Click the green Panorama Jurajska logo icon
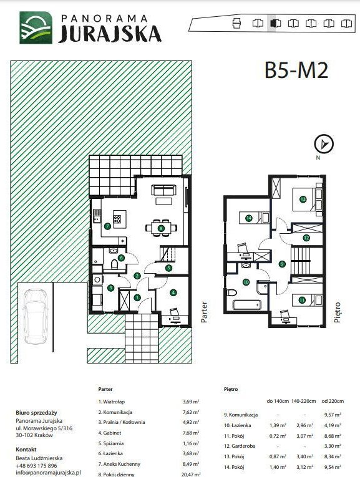click(x=36, y=27)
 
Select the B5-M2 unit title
click(x=296, y=70)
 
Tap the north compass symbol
click(x=324, y=143)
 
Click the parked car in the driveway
click(x=36, y=316)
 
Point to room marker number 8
click(x=161, y=228)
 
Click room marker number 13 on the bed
click(x=303, y=200)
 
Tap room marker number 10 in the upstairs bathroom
click(x=246, y=282)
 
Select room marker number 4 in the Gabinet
click(x=173, y=292)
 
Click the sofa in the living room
click(x=163, y=190)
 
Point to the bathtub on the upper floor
click(x=246, y=305)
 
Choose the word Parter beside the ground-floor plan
click(x=204, y=312)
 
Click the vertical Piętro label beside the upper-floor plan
click(x=337, y=312)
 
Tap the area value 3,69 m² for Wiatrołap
click(x=191, y=402)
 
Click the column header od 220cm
click(x=333, y=401)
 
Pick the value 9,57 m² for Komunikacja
click(x=333, y=415)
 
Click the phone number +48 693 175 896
click(x=36, y=465)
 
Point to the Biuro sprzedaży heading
click(x=36, y=413)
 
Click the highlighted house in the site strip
click(x=275, y=24)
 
